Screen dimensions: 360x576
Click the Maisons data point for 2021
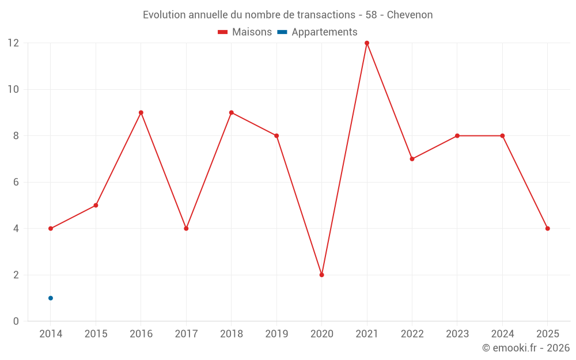click(x=367, y=43)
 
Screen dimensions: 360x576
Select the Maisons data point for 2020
click(x=322, y=275)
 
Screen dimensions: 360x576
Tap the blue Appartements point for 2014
click(x=51, y=298)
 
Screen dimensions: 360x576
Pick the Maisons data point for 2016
click(x=141, y=112)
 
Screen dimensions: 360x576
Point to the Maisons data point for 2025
click(x=548, y=229)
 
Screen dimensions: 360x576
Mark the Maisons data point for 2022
click(x=412, y=159)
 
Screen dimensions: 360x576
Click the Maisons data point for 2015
click(x=96, y=205)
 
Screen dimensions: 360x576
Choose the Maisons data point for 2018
click(x=232, y=112)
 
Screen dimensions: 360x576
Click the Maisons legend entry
click(x=245, y=32)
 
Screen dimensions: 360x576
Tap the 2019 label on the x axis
click(x=276, y=334)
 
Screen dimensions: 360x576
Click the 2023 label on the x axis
click(x=457, y=334)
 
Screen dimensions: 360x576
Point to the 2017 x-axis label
click(x=186, y=334)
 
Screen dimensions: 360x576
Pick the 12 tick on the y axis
click(x=13, y=43)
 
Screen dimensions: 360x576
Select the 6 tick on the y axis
click(x=16, y=182)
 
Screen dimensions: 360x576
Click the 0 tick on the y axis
click(x=16, y=321)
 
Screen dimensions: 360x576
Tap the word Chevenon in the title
click(x=410, y=14)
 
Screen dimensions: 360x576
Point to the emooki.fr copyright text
click(x=526, y=348)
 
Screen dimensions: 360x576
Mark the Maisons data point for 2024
click(x=502, y=136)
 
